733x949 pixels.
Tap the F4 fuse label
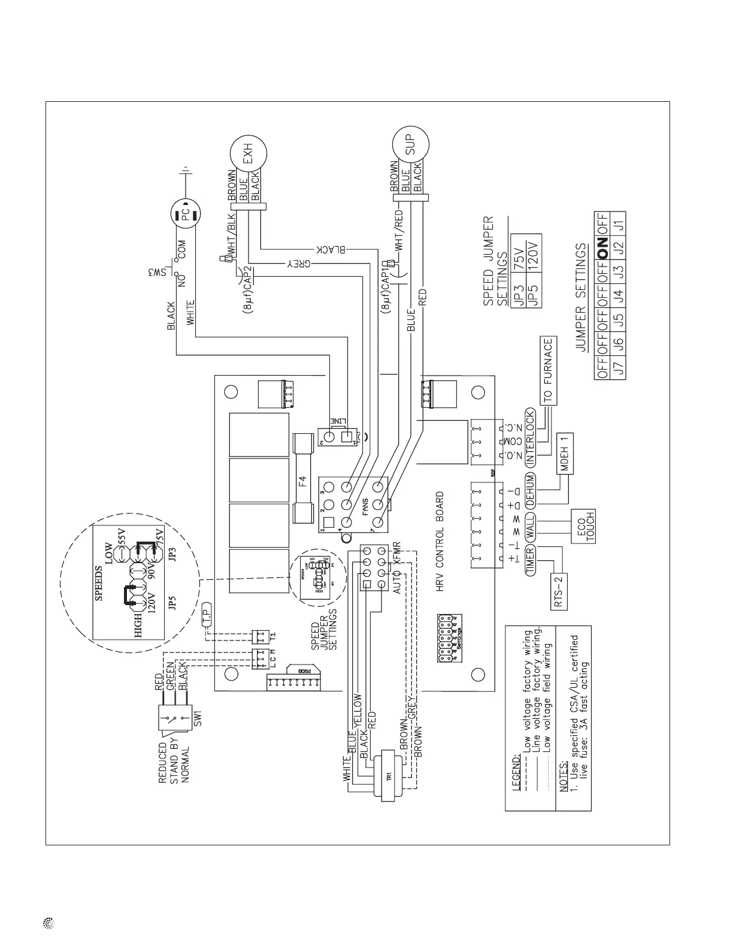(x=304, y=480)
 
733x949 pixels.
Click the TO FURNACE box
(x=549, y=370)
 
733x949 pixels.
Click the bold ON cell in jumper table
(x=602, y=244)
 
